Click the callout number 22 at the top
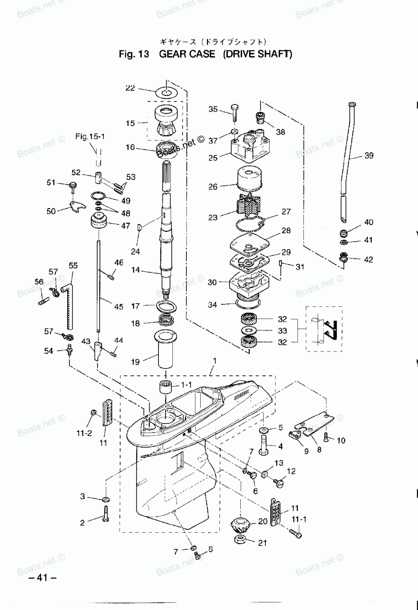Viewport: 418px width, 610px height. click(x=130, y=88)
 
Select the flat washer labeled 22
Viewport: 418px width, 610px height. click(x=167, y=92)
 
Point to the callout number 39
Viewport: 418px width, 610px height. click(x=369, y=156)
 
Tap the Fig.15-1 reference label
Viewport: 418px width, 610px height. click(x=90, y=136)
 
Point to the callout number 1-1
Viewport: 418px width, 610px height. click(x=186, y=385)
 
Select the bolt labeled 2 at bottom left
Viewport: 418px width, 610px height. click(x=105, y=513)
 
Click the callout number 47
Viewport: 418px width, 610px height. click(x=125, y=226)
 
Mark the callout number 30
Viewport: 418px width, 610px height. click(x=212, y=282)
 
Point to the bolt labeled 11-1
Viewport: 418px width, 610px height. click(x=295, y=533)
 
